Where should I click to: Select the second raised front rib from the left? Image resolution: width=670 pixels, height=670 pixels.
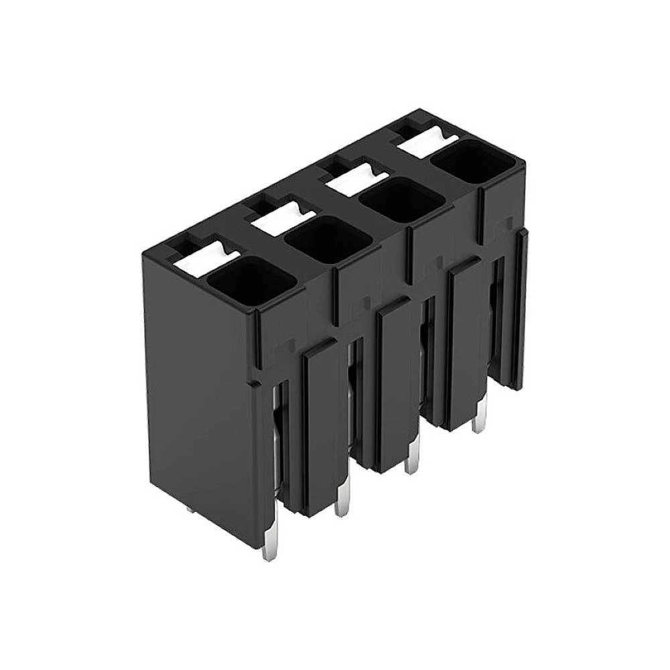[x=393, y=385]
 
